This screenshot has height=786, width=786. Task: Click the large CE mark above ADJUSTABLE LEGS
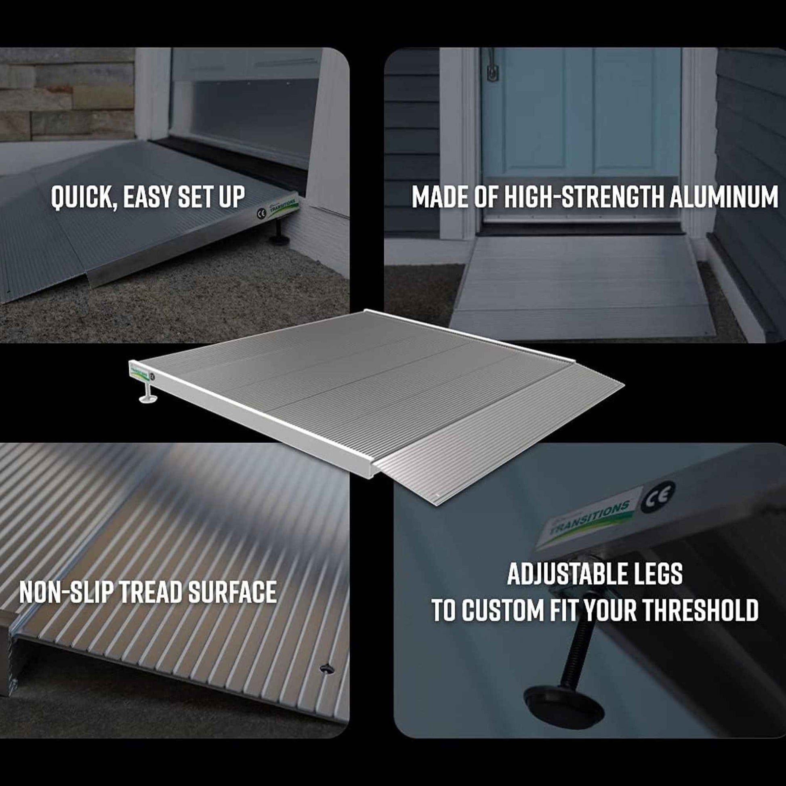click(658, 498)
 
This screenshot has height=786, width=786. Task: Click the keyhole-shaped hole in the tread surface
click(326, 668)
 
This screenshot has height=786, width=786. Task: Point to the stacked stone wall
click(65, 94)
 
